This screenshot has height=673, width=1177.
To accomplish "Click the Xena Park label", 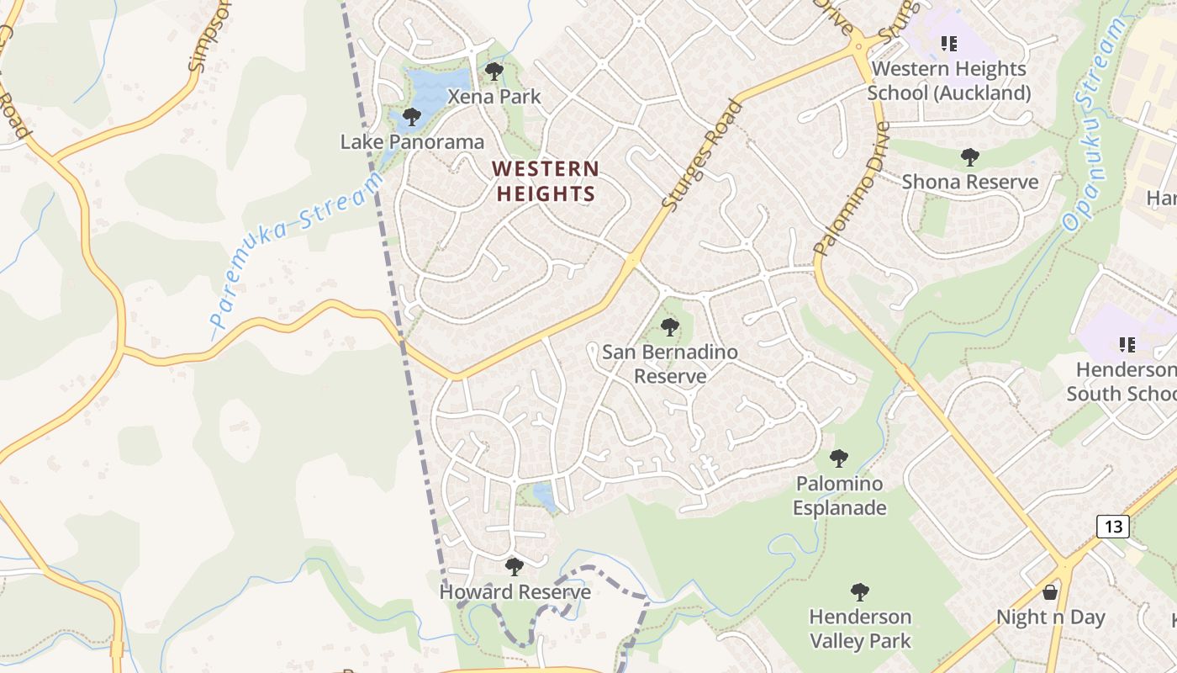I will (x=494, y=97).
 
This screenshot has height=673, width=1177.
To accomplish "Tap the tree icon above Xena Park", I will (x=494, y=71).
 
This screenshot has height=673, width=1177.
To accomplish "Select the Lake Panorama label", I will (x=412, y=142).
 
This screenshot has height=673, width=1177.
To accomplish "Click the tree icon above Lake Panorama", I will (x=411, y=116).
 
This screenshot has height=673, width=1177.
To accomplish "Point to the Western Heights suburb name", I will (x=546, y=182).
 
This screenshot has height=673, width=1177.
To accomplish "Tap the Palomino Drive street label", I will (x=852, y=189).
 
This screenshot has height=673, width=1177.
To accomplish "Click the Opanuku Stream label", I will (x=1094, y=125).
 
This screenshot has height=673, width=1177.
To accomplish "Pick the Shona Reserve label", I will (x=970, y=182).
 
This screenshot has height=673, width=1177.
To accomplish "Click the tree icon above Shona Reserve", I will (x=970, y=156).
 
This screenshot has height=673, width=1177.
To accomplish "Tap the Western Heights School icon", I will (x=949, y=43).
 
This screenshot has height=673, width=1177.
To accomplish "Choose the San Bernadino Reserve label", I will (x=670, y=363).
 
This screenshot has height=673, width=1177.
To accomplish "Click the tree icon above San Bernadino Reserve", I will (x=670, y=326).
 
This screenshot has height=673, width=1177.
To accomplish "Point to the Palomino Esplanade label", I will (x=839, y=495).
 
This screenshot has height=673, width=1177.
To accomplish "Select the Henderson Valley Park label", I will (x=860, y=628).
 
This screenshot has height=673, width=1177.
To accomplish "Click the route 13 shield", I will (x=1112, y=527).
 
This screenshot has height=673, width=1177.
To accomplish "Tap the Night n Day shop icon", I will (x=1050, y=592).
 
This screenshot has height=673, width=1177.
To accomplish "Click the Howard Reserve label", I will (x=515, y=592).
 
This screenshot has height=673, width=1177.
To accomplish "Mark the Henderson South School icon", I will (x=1127, y=344).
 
